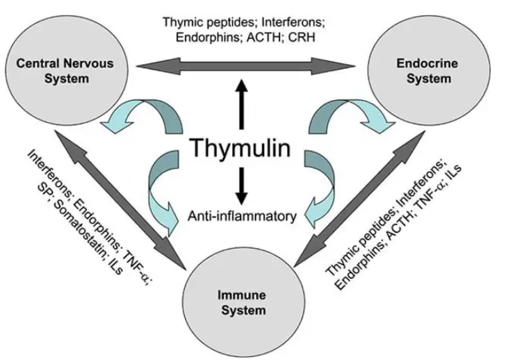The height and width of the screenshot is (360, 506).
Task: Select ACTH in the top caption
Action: click(x=276, y=39)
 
